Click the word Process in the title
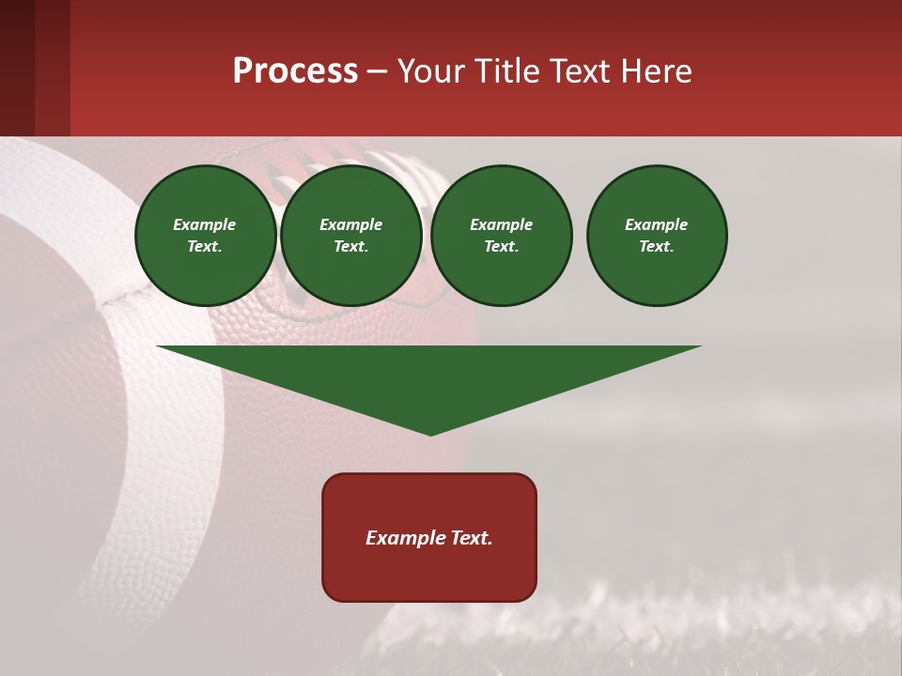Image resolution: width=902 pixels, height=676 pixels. tap(295, 71)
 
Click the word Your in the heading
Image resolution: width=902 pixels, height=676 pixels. tap(431, 71)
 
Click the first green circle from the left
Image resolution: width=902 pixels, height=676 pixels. tap(206, 236)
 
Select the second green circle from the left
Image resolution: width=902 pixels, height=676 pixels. tap(351, 236)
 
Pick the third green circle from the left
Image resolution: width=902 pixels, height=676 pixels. tap(502, 236)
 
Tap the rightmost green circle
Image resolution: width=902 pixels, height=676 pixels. tap(657, 236)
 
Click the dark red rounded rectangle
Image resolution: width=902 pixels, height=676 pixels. tap(429, 573)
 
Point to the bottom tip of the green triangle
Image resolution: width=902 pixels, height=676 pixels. tap(430, 434)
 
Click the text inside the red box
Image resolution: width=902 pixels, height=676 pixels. tap(429, 538)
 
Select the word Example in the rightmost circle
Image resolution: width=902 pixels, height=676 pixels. tap(657, 224)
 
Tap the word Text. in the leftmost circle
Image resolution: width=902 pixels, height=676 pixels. tap(206, 247)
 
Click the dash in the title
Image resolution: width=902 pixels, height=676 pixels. tap(378, 72)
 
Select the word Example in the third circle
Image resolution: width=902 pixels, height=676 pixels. tap(502, 224)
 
